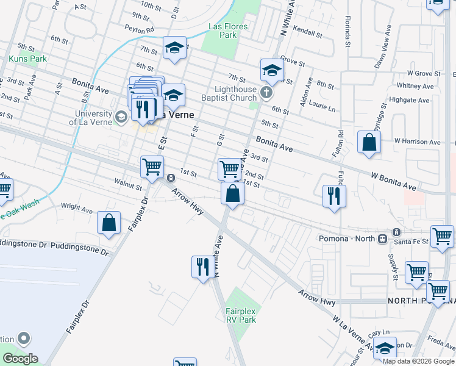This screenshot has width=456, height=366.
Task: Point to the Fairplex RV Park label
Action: click(x=241, y=315)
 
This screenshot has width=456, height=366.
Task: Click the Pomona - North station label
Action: click(x=345, y=238)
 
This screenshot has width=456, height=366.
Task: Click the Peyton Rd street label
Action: click(x=141, y=29)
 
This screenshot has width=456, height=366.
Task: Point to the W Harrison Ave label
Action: click(x=417, y=142)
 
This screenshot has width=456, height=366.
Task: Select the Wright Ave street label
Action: click(x=77, y=208)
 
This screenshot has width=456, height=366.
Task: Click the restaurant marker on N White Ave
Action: click(x=202, y=267)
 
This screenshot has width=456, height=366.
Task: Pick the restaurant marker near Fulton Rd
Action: click(x=333, y=196)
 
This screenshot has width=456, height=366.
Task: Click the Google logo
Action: click(x=20, y=359)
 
